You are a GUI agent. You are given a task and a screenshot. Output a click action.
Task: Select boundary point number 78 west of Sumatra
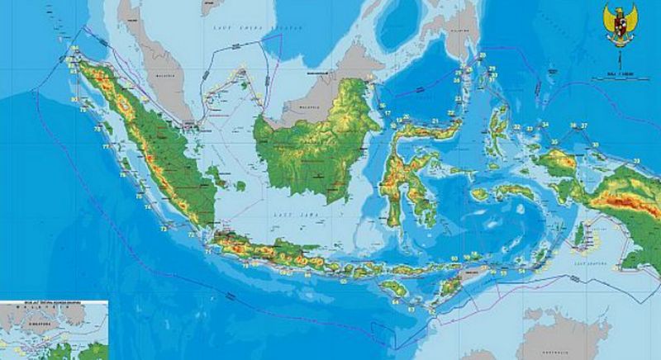tap(97, 129)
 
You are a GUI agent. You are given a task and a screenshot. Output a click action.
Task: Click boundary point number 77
tap(106, 146)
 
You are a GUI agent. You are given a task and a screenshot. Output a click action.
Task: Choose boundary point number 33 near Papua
tap(637, 159)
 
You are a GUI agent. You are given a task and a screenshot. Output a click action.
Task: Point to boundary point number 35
tap(554, 141)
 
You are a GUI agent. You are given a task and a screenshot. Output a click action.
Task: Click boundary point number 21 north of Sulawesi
tap(435, 121)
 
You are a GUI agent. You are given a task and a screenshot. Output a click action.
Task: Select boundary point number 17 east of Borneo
tap(387, 113)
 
